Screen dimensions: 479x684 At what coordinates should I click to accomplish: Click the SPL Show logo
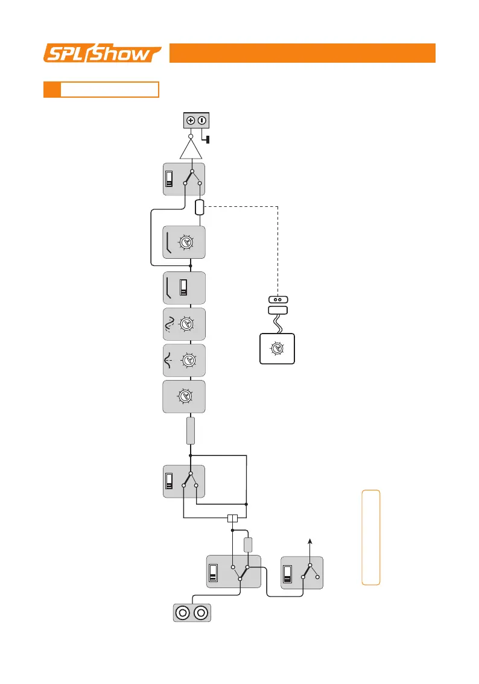[102, 53]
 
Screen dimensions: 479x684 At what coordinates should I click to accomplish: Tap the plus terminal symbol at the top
[190, 120]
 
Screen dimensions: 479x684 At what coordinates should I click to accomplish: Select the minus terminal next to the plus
[201, 120]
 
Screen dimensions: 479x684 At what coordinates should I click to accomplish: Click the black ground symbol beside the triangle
[208, 141]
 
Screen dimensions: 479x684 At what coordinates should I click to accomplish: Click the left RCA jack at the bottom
[182, 614]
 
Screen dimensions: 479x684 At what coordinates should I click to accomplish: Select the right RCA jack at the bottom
[201, 614]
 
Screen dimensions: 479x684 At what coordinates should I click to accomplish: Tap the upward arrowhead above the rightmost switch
[311, 541]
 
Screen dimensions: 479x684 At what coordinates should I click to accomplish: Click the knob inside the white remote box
[277, 349]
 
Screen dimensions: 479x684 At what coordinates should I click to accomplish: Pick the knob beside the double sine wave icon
[188, 323]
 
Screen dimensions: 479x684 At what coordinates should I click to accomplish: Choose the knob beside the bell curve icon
[188, 360]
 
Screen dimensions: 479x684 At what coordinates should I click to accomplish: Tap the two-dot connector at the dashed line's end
[278, 299]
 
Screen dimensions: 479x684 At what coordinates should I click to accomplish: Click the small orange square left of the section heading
[52, 89]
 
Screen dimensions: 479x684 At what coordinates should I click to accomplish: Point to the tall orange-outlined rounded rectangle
[371, 537]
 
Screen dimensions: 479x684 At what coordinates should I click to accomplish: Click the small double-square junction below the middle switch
[232, 518]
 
